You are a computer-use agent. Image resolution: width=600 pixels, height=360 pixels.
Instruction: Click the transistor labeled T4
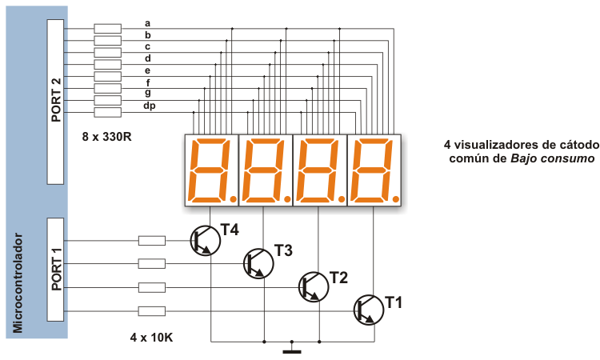206,241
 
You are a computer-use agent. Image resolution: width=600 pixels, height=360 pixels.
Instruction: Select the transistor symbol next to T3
258,263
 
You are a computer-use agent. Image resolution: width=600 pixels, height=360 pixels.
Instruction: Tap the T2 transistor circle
314,287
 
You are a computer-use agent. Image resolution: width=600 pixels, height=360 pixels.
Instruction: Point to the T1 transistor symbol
368,310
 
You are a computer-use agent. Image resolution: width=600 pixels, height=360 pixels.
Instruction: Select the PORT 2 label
56,100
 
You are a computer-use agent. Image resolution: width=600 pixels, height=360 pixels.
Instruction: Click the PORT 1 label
56,269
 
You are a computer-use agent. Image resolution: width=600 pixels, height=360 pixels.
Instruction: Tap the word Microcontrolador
18,283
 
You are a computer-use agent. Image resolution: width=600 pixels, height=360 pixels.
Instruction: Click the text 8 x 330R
106,137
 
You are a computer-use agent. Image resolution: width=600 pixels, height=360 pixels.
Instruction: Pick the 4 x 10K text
151,338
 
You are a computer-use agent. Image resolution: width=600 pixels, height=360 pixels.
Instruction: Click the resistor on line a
107,29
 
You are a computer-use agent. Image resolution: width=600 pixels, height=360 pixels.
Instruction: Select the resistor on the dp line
107,113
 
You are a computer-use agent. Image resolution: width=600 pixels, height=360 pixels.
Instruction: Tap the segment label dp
150,106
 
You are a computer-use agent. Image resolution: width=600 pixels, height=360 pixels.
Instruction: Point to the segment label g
148,93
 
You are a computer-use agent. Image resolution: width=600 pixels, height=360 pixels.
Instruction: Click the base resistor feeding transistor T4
152,241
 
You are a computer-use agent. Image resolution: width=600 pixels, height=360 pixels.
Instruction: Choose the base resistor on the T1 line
152,311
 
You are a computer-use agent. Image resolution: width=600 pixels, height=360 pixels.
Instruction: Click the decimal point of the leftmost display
233,198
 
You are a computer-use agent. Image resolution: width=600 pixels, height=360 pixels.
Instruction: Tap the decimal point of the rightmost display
396,198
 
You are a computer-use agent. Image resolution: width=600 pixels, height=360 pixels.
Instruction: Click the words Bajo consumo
553,158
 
